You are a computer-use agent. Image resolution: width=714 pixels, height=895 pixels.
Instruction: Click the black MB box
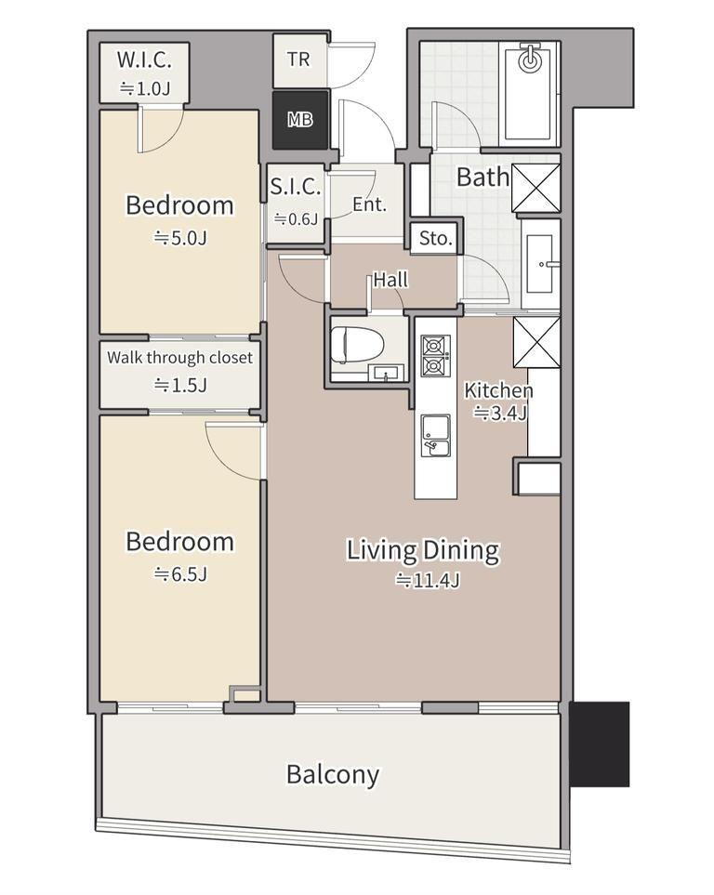pyautogui.click(x=300, y=120)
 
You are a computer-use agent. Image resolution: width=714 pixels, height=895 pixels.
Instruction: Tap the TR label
pyautogui.click(x=298, y=59)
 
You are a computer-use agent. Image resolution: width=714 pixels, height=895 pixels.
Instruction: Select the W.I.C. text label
pyautogui.click(x=144, y=59)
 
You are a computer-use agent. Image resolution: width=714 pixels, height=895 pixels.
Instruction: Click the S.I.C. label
pyautogui.click(x=296, y=187)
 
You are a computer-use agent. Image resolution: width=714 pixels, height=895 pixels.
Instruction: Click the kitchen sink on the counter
pyautogui.click(x=436, y=436)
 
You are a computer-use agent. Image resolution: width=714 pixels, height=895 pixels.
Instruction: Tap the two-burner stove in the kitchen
pyautogui.click(x=436, y=356)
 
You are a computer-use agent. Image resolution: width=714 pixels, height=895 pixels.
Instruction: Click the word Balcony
pyautogui.click(x=333, y=775)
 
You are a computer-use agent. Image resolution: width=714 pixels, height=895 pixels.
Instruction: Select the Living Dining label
pyautogui.click(x=423, y=551)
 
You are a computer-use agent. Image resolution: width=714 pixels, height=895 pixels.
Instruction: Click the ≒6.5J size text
pyautogui.click(x=180, y=574)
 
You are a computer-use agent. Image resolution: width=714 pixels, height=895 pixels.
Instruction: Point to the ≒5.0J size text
pyautogui.click(x=180, y=237)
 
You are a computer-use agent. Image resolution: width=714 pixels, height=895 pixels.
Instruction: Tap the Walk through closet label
pyautogui.click(x=180, y=358)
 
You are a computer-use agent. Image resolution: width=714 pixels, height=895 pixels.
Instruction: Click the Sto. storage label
pyautogui.click(x=436, y=238)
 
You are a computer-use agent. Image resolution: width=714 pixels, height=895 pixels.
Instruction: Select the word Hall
pyautogui.click(x=391, y=280)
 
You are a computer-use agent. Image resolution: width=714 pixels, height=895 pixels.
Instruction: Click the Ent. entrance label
pyautogui.click(x=370, y=204)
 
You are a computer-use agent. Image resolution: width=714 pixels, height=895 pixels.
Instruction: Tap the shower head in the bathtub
pyautogui.click(x=531, y=59)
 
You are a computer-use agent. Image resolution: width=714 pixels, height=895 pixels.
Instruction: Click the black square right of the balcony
pyautogui.click(x=600, y=744)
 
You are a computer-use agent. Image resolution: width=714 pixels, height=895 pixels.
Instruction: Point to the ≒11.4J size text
pyautogui.click(x=429, y=581)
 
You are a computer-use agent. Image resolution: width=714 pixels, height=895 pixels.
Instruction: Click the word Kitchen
pyautogui.click(x=498, y=391)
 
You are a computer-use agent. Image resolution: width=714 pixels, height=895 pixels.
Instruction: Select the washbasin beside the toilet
pyautogui.click(x=389, y=374)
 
